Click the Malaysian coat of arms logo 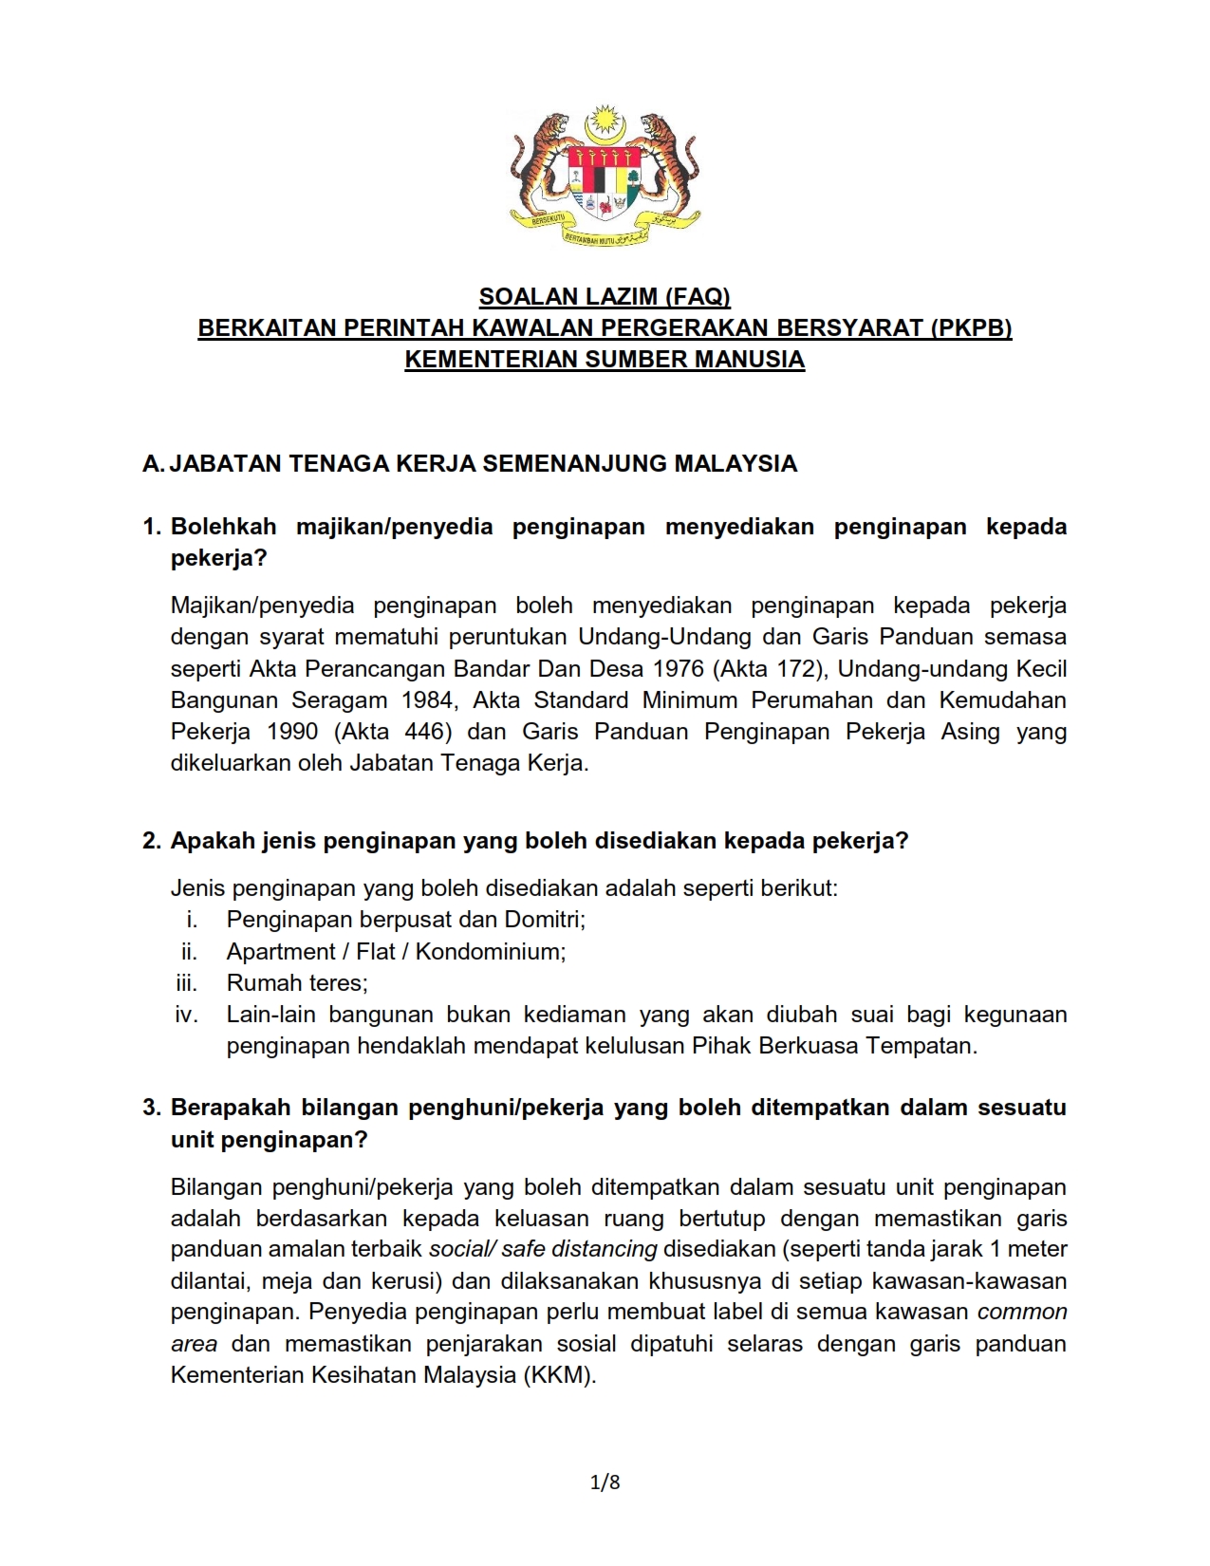tap(605, 177)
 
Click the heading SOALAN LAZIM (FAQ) tap(605, 297)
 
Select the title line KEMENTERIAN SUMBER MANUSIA tap(605, 360)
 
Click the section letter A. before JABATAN tap(153, 464)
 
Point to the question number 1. tap(153, 527)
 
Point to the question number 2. tap(153, 841)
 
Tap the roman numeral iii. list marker tap(186, 983)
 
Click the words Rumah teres tap(296, 983)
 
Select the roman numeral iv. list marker tap(186, 1015)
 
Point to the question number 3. tap(153, 1108)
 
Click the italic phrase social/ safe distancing tap(543, 1249)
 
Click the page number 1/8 tap(605, 1482)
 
